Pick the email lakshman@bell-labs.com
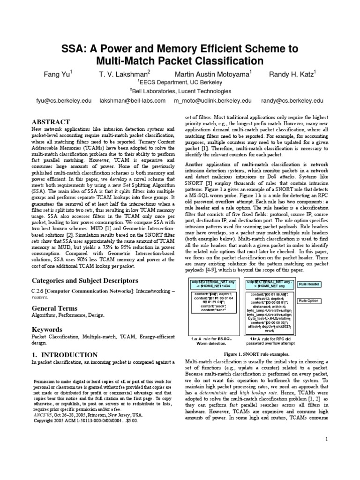click(133, 100)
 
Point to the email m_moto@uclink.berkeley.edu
click(213, 100)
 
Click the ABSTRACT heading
click(51, 121)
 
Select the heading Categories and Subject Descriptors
click(84, 280)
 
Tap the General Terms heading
click(54, 308)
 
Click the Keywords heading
click(47, 330)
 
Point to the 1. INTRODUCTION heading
click(65, 355)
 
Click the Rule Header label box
click(309, 284)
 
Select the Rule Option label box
click(309, 301)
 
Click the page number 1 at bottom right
click(327, 439)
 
